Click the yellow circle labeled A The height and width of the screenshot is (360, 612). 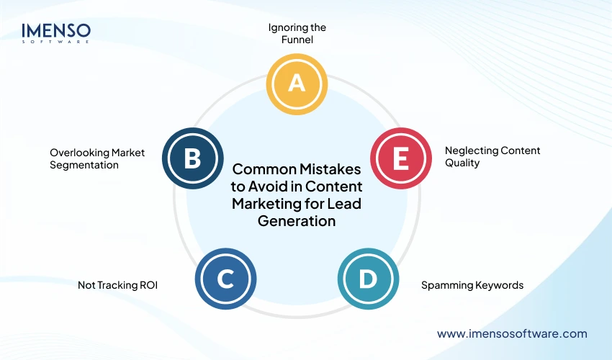(x=297, y=84)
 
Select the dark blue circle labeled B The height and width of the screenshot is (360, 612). (x=192, y=158)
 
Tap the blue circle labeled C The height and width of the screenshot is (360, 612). (x=225, y=279)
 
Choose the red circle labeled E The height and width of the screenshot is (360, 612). (x=400, y=158)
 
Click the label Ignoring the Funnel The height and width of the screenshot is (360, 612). (x=297, y=34)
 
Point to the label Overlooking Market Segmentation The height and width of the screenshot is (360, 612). (x=97, y=158)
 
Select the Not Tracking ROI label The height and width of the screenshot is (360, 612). (x=117, y=285)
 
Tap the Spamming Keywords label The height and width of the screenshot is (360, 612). (x=472, y=285)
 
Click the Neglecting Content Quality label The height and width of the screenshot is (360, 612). (x=492, y=156)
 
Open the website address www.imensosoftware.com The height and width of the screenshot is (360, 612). (x=512, y=334)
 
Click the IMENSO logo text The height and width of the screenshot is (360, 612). (x=56, y=30)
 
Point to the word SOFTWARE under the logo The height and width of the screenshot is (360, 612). (x=56, y=42)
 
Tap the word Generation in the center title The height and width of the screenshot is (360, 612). (x=297, y=221)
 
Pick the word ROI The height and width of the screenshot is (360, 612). (x=147, y=285)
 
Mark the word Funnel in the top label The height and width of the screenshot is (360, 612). (x=297, y=40)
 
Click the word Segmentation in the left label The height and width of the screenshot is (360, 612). (x=84, y=165)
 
